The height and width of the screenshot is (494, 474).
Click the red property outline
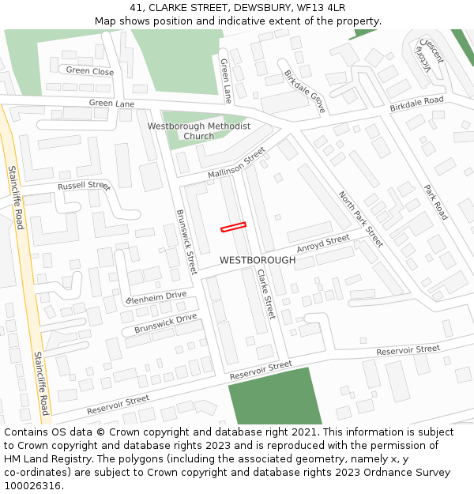point(233,227)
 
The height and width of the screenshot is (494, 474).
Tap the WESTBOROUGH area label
point(258,260)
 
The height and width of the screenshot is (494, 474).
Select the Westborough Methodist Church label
point(199,131)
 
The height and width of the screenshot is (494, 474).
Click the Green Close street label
point(90,71)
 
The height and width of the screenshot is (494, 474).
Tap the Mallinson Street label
point(237,163)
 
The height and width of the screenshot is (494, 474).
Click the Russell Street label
point(83,187)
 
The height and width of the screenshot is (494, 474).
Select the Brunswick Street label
point(186,242)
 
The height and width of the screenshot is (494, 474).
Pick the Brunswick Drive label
point(165,322)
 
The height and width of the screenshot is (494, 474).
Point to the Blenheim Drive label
point(156,298)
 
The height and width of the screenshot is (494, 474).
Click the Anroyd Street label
point(322,244)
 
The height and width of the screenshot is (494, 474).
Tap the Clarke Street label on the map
point(265,294)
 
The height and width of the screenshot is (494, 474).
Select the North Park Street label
point(360,219)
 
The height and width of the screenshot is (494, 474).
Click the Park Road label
point(435,202)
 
